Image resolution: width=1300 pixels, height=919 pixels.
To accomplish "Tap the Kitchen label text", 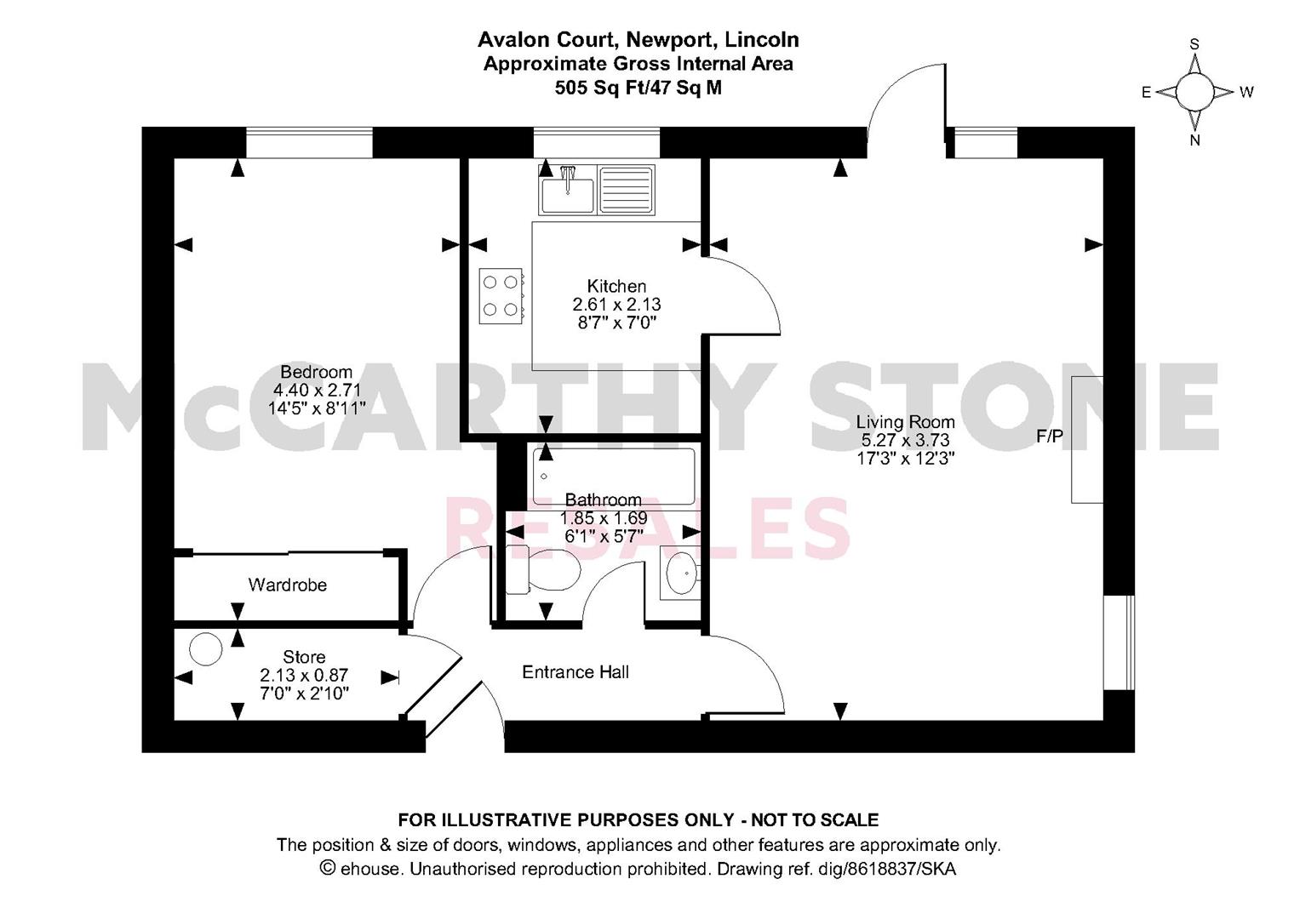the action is point(616,286).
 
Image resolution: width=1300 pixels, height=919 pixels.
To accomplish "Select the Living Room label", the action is point(905,422).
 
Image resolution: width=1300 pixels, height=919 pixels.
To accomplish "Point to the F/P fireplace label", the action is point(1050,436).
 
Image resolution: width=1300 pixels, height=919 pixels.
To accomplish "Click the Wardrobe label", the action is point(287,585).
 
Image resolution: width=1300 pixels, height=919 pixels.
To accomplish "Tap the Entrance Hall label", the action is point(576,672).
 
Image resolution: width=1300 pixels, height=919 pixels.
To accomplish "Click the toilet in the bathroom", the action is point(542,569).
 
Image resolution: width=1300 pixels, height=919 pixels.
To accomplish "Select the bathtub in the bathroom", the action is point(614,476).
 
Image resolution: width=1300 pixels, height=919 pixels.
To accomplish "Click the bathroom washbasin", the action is point(681,574).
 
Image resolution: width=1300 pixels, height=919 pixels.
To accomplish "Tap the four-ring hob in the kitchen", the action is point(501,296).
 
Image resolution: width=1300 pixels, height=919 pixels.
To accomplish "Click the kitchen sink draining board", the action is point(627,190).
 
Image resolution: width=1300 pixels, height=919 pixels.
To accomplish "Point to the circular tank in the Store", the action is point(205,649).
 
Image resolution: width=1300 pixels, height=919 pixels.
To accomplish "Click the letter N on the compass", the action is point(1194,140).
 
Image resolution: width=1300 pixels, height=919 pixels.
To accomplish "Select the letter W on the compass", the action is point(1246,92).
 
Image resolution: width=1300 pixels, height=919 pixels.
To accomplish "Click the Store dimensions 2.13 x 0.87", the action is point(304,676).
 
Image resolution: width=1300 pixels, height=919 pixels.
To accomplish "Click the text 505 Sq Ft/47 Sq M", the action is point(639,88).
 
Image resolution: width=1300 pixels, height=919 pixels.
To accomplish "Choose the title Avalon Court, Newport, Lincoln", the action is point(639,39).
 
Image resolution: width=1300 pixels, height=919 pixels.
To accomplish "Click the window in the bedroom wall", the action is point(309,142).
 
